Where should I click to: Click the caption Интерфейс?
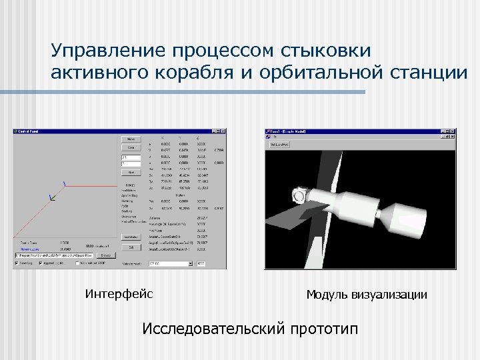pos(119,293)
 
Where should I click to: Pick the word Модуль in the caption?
pos(327,294)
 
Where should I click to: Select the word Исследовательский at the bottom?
pos(213,329)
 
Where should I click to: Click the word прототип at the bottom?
pos(323,329)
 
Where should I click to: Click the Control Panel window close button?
pos(223,131)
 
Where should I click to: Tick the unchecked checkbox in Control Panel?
pos(79,263)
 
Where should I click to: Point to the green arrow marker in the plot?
pos(52,197)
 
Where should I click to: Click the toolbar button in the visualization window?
pos(278,143)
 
